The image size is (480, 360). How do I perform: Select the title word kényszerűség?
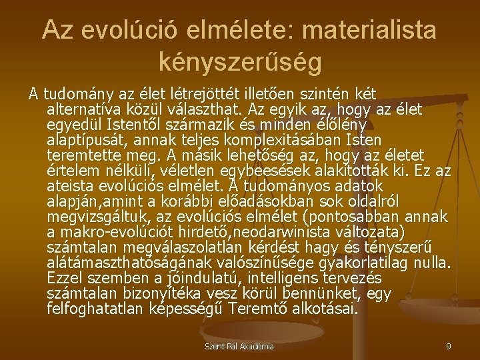pos(240,61)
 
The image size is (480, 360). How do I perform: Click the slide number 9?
pos(448,346)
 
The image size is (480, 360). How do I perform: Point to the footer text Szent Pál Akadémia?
pos(239,346)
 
